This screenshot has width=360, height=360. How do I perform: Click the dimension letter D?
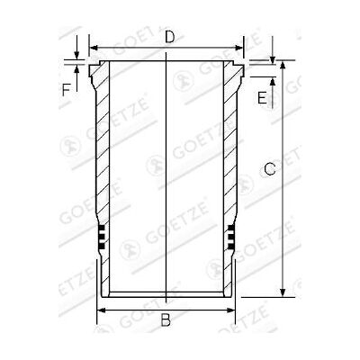pos(170,37)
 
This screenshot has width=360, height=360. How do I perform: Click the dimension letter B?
pos(166,319)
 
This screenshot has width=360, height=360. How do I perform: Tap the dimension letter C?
pos(270,169)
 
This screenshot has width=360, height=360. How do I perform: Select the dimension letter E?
pos(262,98)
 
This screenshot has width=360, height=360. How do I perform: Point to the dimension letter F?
pos(66,90)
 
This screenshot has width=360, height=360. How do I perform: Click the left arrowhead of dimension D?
pos(94,48)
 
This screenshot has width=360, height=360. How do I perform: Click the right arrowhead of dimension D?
pos(238,48)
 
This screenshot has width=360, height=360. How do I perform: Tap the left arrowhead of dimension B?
pos(102,310)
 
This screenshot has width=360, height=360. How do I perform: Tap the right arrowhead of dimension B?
pos(230,310)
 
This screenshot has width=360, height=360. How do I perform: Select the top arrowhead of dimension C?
pos(283,65)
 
